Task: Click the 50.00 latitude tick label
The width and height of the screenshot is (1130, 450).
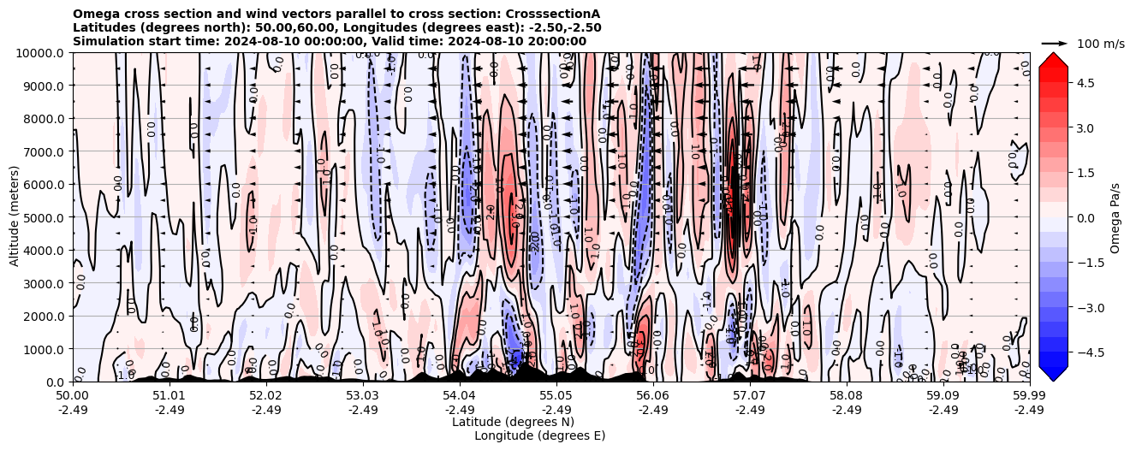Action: (73, 396)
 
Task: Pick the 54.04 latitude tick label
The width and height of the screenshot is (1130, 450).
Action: (460, 396)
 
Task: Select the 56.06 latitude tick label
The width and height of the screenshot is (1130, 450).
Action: (653, 396)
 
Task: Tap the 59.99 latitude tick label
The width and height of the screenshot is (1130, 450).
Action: (1029, 396)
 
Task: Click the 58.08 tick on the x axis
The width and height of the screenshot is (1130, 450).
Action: (847, 396)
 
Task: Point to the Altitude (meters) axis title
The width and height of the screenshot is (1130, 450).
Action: (15, 217)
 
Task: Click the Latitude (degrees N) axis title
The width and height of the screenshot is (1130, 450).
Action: (513, 422)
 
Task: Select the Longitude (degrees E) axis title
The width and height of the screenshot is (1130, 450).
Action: (539, 435)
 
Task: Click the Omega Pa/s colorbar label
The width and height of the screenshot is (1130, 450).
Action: (1115, 217)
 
